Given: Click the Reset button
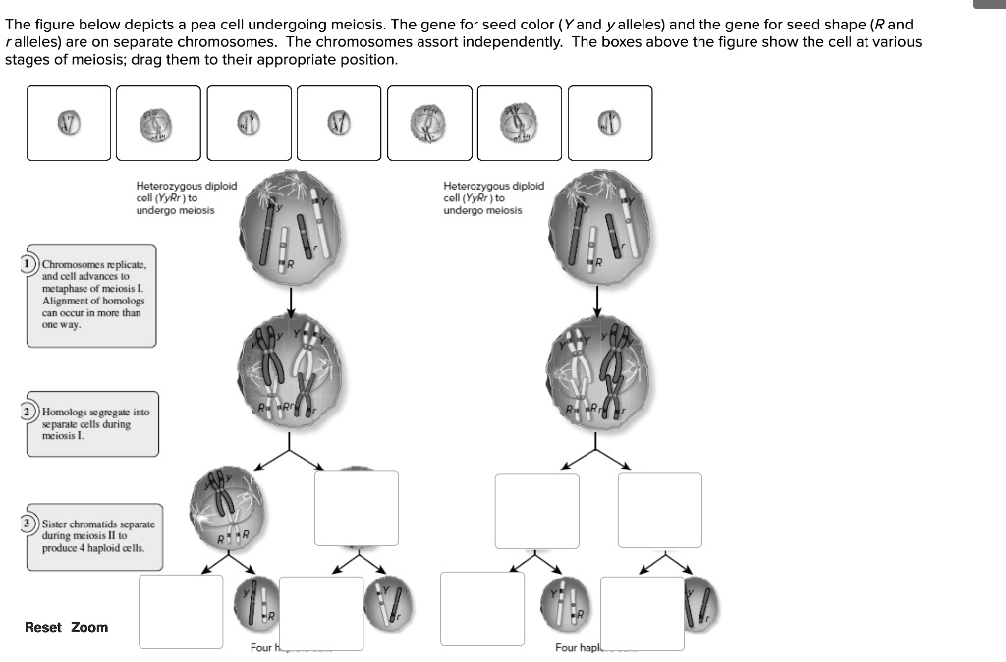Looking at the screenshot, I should (42, 627).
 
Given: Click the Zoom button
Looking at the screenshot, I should (89, 627).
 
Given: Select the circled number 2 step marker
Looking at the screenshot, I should (29, 411).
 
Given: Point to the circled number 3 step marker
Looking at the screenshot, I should (31, 523).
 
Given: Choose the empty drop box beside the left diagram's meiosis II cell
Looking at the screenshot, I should (356, 508).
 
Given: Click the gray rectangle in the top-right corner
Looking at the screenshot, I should (989, 4).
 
